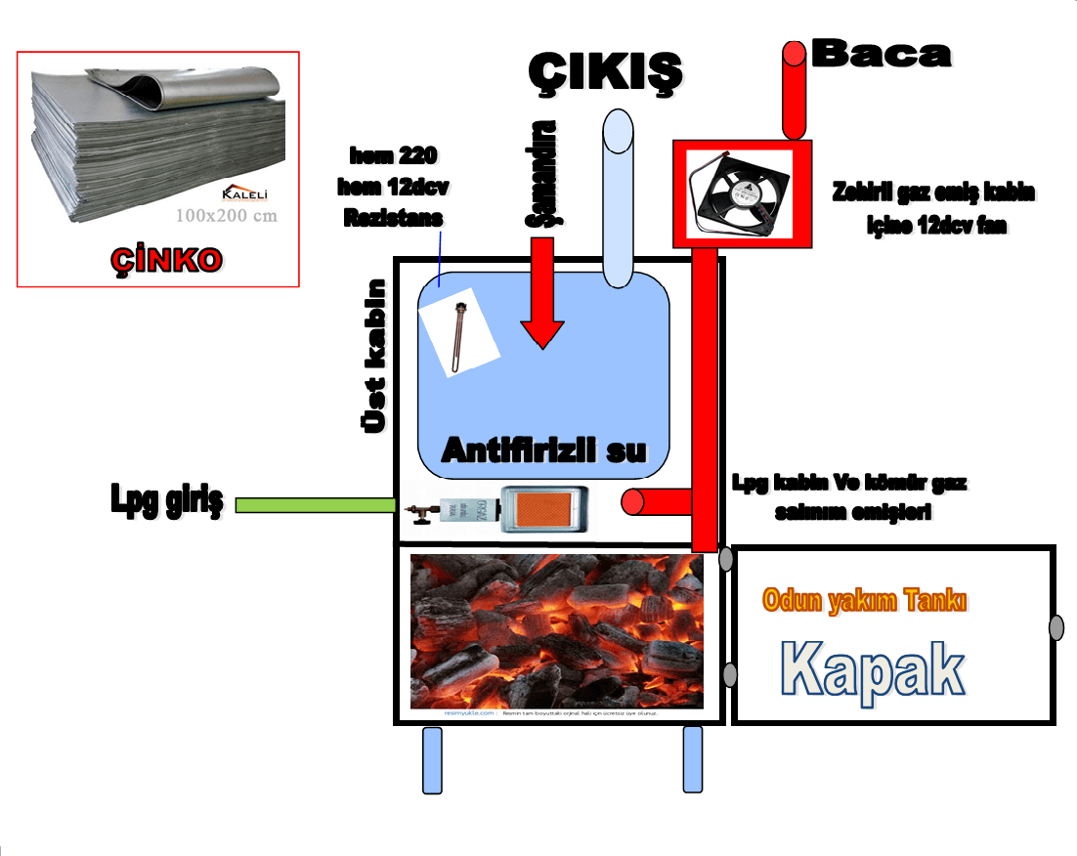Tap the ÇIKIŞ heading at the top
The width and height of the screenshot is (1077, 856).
click(x=604, y=71)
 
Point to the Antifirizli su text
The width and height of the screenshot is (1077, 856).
click(x=544, y=449)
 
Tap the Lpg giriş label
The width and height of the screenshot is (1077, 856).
click(x=165, y=502)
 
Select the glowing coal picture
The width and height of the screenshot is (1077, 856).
click(x=556, y=630)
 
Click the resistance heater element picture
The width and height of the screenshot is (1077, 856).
click(x=457, y=336)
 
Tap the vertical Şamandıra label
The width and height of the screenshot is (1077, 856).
click(x=540, y=174)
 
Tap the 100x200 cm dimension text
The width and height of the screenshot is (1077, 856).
click(x=227, y=215)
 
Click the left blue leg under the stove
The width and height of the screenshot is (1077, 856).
click(x=431, y=759)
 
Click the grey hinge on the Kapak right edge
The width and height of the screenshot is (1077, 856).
click(x=1055, y=627)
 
